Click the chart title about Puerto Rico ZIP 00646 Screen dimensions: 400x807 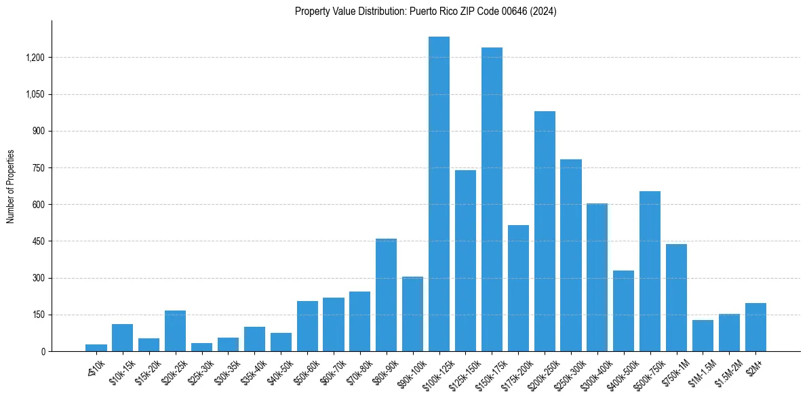425,12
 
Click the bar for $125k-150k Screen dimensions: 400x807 465,260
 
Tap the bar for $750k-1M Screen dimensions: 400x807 676,298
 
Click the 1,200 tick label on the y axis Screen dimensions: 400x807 35,58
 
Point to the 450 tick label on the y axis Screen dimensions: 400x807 39,241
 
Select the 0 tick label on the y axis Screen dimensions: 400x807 43,351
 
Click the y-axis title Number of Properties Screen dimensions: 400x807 11,186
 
